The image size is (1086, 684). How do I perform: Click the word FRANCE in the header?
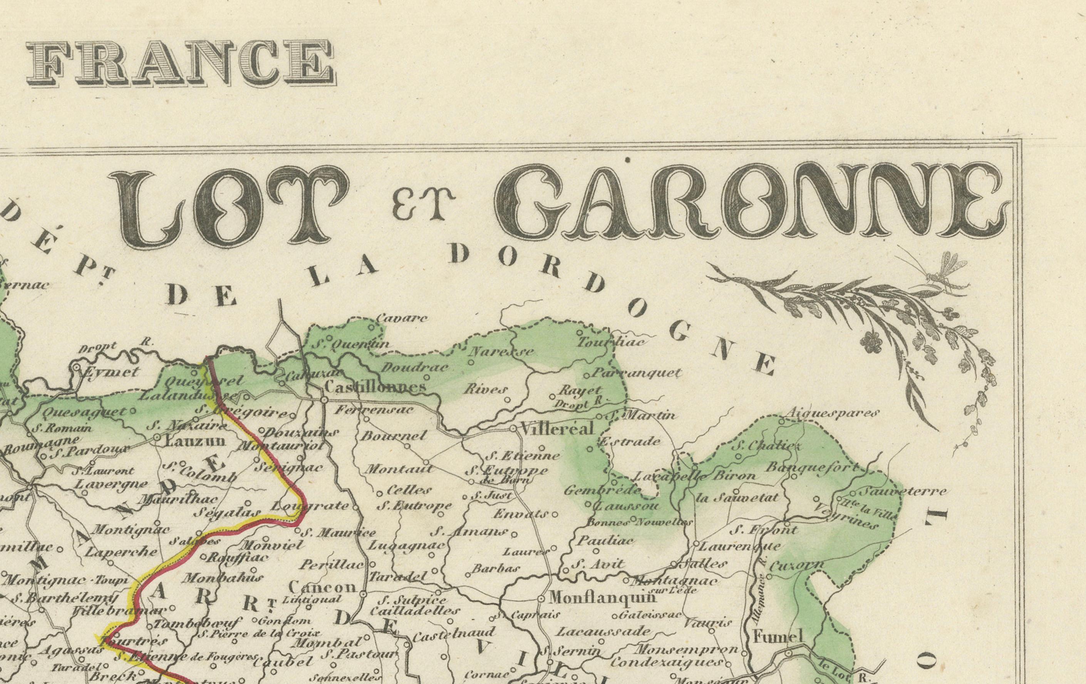pyautogui.click(x=180, y=63)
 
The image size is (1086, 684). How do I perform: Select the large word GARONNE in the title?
pyautogui.click(x=751, y=203)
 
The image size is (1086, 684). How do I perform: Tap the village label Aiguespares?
pyautogui.click(x=833, y=412)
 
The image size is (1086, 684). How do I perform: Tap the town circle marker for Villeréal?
pyautogui.click(x=513, y=429)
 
